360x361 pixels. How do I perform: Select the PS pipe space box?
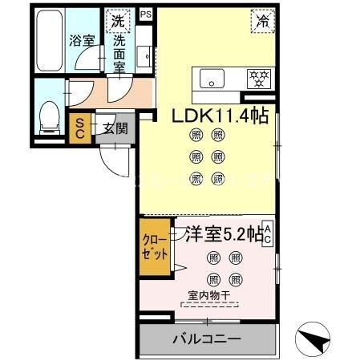pos(145,14)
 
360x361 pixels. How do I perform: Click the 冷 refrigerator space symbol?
pos(262,21)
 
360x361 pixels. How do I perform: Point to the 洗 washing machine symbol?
pos(118,19)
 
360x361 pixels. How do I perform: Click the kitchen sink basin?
pos(214,79)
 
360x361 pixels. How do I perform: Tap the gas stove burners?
pos(259,79)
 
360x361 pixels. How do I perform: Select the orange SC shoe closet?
pos(80,129)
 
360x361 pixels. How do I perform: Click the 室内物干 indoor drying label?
pos(209,296)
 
